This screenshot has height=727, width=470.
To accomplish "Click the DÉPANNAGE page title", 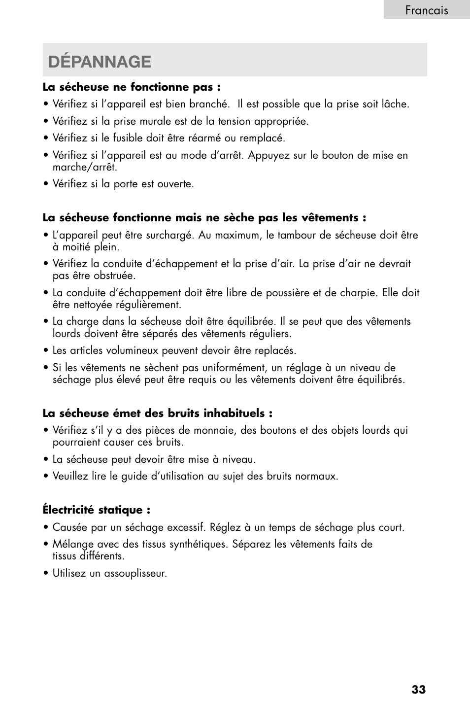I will coord(100,62).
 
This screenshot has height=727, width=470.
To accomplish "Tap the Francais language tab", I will coord(427,10).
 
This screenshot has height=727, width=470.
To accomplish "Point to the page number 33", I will coord(418,690).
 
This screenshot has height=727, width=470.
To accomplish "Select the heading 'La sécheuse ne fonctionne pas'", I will coord(131,87).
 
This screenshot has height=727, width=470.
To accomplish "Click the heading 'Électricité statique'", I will coord(96,510).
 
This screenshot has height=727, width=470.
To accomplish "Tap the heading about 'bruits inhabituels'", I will coord(157,413).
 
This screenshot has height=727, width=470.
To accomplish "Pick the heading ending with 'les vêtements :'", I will coord(204,218).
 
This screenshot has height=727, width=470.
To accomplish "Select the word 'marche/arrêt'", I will coord(85,167).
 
